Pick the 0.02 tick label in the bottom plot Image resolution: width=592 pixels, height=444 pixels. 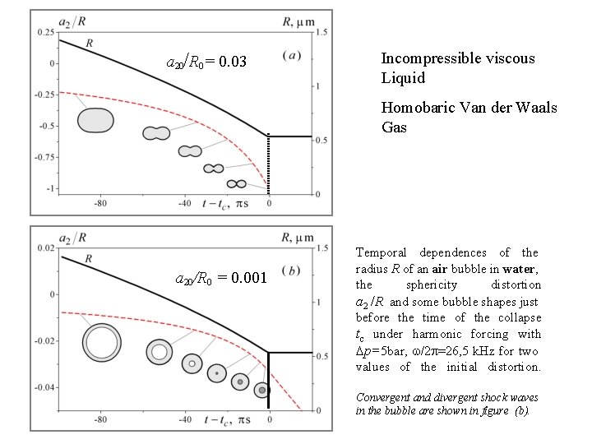(47, 247)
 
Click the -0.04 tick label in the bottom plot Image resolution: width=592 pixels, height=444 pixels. (45, 386)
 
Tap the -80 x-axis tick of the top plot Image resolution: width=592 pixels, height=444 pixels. (100, 203)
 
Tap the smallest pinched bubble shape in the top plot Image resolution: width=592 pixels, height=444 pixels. (237, 183)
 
